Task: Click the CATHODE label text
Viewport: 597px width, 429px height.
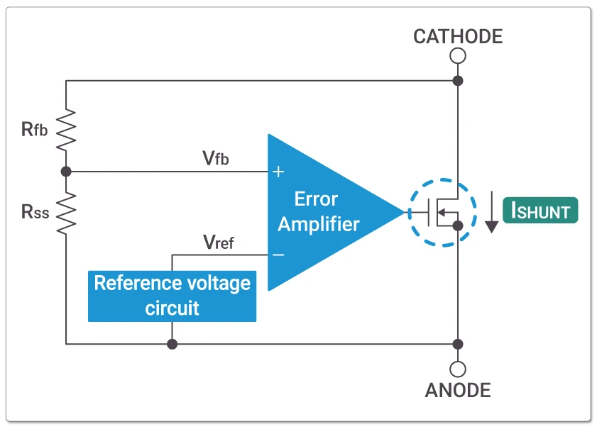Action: pos(458,36)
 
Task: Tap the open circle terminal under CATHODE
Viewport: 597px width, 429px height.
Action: pos(459,56)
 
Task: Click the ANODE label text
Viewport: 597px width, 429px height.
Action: pos(458,390)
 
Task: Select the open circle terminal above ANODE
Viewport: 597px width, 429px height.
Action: pos(459,369)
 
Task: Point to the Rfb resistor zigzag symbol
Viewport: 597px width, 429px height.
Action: pos(66,128)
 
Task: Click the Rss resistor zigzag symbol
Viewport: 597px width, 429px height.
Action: pos(66,213)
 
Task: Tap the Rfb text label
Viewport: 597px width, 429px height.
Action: pos(35,129)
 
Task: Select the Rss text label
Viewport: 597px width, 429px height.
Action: pos(35,211)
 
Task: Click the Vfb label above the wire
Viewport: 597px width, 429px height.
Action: pos(215,158)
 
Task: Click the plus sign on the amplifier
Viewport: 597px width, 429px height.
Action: pos(278,172)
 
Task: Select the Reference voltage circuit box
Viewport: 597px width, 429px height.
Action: pos(172,295)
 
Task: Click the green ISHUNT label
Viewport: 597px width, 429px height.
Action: pos(540,211)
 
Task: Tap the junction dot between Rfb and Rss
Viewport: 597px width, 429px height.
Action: pos(66,172)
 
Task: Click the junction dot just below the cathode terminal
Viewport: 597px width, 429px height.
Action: pos(459,81)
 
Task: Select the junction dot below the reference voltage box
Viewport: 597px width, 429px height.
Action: pos(172,344)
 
